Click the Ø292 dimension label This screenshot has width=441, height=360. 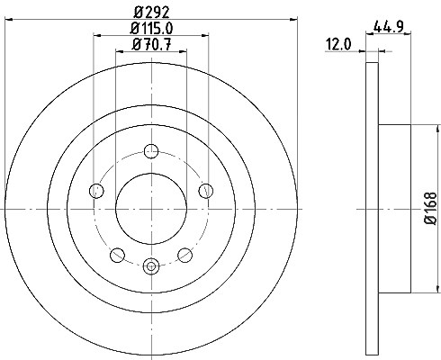click(151, 13)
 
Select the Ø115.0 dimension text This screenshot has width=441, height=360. click(151, 29)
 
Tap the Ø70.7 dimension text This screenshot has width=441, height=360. click(151, 45)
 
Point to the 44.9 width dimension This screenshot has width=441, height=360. click(388, 27)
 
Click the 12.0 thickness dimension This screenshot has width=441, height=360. click(338, 45)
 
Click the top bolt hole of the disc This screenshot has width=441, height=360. click(151, 151)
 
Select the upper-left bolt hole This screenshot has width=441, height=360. click(96, 191)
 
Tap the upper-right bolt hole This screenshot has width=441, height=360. click(206, 191)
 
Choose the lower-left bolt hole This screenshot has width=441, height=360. click(117, 255)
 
